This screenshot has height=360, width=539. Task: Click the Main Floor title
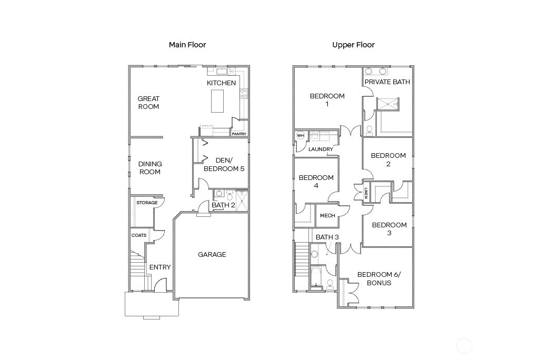click(x=187, y=45)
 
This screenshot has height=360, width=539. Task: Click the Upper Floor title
click(x=353, y=45)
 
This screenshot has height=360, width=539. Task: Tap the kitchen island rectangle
click(x=217, y=101)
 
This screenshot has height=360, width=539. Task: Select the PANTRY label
click(x=239, y=134)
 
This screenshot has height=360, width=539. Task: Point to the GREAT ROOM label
click(x=148, y=103)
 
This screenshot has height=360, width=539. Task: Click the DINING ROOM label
click(x=150, y=168)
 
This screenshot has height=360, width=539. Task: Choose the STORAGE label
click(x=147, y=203)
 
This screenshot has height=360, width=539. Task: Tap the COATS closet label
click(x=139, y=235)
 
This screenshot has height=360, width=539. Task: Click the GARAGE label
click(x=212, y=254)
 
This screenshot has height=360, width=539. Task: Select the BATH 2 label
click(x=223, y=205)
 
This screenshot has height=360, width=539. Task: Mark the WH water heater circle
click(x=301, y=136)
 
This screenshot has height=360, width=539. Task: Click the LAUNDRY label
click(x=321, y=149)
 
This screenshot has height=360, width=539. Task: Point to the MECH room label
click(x=327, y=216)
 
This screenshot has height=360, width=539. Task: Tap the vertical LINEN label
click(x=366, y=193)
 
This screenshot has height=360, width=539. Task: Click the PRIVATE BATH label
click(x=387, y=82)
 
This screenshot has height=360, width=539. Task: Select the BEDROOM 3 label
click(x=389, y=229)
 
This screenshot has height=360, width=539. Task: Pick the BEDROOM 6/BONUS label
click(x=374, y=278)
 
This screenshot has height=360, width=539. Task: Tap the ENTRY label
click(x=160, y=267)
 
